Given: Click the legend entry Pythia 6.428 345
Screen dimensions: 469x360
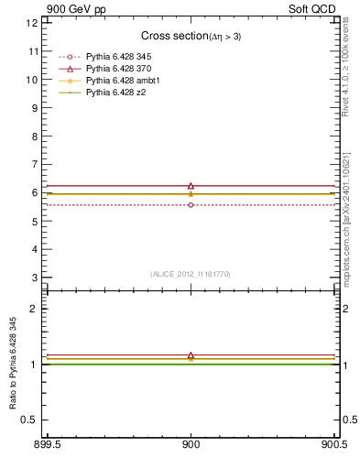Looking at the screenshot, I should [118, 58].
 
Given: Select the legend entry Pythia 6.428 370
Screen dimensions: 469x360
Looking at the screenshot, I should [118, 70].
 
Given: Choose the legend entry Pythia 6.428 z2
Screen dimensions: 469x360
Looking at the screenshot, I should [115, 93].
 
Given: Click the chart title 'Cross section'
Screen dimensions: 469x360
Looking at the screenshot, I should [176, 36].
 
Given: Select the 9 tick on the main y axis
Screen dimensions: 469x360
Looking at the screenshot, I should [35, 108].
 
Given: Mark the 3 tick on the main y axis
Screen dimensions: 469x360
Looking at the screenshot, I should [35, 277].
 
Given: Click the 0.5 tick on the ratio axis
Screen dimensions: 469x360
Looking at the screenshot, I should [30, 420].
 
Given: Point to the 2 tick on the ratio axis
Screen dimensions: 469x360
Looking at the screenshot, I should [35, 309].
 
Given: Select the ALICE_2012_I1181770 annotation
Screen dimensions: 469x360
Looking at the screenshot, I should [191, 274].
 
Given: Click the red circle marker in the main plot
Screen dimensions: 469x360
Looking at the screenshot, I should [191, 205].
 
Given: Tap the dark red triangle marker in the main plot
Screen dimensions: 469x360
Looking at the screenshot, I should [191, 186].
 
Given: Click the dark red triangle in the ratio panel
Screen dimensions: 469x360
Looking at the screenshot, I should [191, 355].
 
